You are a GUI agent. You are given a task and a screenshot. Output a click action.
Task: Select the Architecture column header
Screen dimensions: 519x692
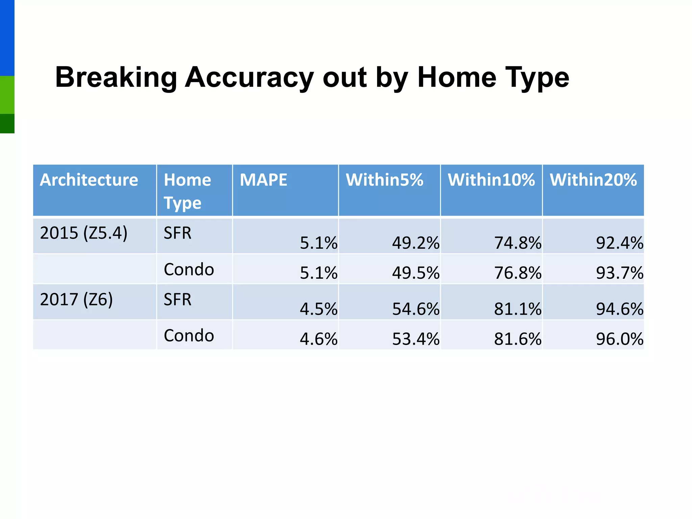pos(89,180)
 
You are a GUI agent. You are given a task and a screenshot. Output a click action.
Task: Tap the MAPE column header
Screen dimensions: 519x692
pos(263,180)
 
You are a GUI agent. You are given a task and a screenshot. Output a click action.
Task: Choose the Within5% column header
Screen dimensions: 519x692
pos(384,180)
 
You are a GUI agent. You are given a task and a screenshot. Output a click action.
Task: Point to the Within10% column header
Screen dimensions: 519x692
pos(491,180)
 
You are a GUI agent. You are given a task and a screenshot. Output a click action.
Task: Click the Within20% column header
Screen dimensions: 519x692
pos(593,180)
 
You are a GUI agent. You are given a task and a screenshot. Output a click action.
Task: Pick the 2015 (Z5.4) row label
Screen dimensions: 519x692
pos(83,233)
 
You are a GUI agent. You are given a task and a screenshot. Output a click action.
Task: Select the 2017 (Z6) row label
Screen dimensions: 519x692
pos(76,299)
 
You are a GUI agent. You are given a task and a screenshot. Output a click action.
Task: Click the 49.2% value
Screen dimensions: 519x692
pos(416,243)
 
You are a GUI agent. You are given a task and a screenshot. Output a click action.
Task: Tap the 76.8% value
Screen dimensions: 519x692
pos(518,273)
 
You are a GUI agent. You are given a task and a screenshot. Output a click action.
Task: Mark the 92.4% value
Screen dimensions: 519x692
pos(619,243)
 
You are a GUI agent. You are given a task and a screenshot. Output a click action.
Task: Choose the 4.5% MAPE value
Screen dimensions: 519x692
pos(318,309)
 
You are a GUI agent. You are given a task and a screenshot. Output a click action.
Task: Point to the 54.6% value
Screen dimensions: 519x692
pos(416,309)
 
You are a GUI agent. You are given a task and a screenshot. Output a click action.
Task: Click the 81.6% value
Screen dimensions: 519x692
pos(518,339)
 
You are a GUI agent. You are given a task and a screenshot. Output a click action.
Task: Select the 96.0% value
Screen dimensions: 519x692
pos(619,339)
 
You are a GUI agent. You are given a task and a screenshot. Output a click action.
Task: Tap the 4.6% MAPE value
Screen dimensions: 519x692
pos(318,339)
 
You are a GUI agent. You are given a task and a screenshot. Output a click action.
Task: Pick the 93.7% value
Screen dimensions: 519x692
pos(619,273)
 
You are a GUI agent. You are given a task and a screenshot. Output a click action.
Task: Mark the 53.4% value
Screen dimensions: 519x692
pos(416,339)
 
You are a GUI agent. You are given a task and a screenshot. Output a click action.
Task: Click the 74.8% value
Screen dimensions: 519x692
pos(518,243)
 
